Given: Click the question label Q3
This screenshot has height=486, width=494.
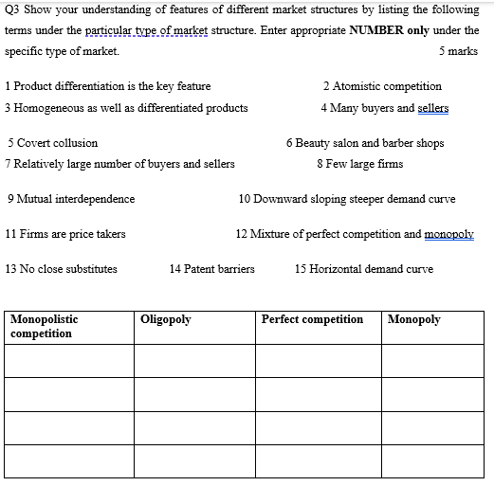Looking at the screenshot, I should click(x=13, y=10).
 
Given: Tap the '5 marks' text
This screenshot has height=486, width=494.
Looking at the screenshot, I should click(x=459, y=51).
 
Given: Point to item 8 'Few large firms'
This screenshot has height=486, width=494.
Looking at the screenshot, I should click(x=360, y=164).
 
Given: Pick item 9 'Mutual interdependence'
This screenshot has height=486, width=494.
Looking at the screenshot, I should click(x=70, y=199).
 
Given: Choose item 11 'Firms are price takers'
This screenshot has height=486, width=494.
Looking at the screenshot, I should click(x=65, y=234).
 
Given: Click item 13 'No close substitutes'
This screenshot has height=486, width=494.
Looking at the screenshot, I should click(x=62, y=269).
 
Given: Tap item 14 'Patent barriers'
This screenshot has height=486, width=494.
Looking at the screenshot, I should click(x=211, y=269).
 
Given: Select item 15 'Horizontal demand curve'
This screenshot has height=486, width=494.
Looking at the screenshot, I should click(x=364, y=269).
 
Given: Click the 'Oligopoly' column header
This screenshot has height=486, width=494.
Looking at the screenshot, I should click(x=166, y=320).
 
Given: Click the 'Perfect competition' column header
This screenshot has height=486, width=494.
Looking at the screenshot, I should click(x=312, y=320).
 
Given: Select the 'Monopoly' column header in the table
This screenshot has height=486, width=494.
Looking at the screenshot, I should click(x=414, y=320).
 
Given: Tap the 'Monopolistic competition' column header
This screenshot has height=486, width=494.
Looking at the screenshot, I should click(x=44, y=327).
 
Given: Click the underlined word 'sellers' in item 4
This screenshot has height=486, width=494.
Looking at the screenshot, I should click(x=432, y=108).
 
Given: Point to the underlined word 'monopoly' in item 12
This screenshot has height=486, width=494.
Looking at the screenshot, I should click(x=449, y=234).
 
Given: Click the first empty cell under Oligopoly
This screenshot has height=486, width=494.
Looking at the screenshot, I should click(x=194, y=360).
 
